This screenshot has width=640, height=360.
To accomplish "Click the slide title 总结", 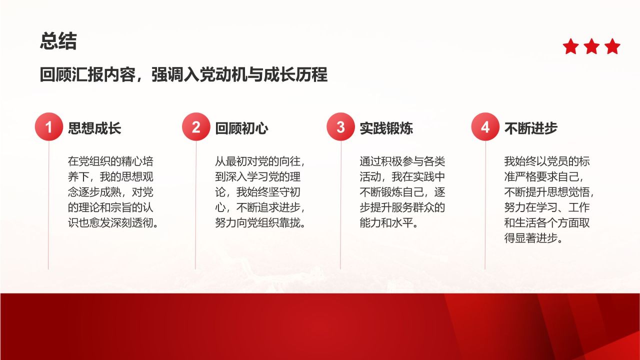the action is coord(58,41).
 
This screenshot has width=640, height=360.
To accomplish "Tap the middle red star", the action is coord(591,46).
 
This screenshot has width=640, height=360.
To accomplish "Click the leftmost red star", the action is coord(571,46).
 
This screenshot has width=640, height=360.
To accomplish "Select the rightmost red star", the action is coord(612,46).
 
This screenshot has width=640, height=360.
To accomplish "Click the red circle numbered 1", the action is coord(49,126).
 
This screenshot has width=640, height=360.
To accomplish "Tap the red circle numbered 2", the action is coord(196,126).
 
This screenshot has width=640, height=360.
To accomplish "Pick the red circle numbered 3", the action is coord(340,126).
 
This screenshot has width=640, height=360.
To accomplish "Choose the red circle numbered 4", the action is coord(485,126).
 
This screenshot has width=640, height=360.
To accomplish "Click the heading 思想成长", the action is coord(94,128).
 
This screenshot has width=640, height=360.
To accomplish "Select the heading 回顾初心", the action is coord(241,128).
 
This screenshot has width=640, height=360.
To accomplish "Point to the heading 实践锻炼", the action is coord(386,128).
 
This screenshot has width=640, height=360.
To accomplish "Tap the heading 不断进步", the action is coord(531,128).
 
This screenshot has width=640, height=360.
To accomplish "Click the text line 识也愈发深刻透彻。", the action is coord(113,223).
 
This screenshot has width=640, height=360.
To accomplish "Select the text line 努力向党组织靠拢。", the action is coord(260,223).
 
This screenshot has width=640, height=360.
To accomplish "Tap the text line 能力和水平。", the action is coord(389,223).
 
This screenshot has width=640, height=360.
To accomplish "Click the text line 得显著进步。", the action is coord(533,238).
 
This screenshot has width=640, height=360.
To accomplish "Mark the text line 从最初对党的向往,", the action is coord(260,161).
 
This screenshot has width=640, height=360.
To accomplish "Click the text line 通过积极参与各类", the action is coord(402,161).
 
